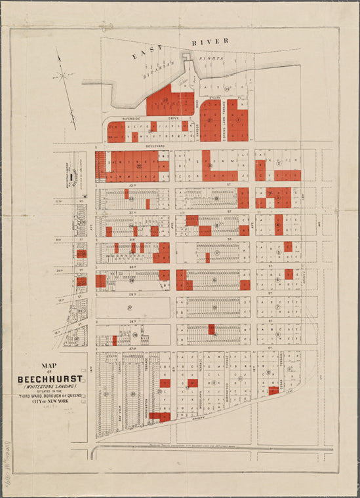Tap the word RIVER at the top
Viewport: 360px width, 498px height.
click(x=209, y=41)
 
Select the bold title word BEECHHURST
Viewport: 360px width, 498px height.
click(x=50, y=379)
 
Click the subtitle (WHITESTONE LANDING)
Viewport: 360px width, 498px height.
click(x=50, y=388)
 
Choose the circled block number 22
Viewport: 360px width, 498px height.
click(x=138, y=166)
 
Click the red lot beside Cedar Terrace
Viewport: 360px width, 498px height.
click(x=273, y=391)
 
